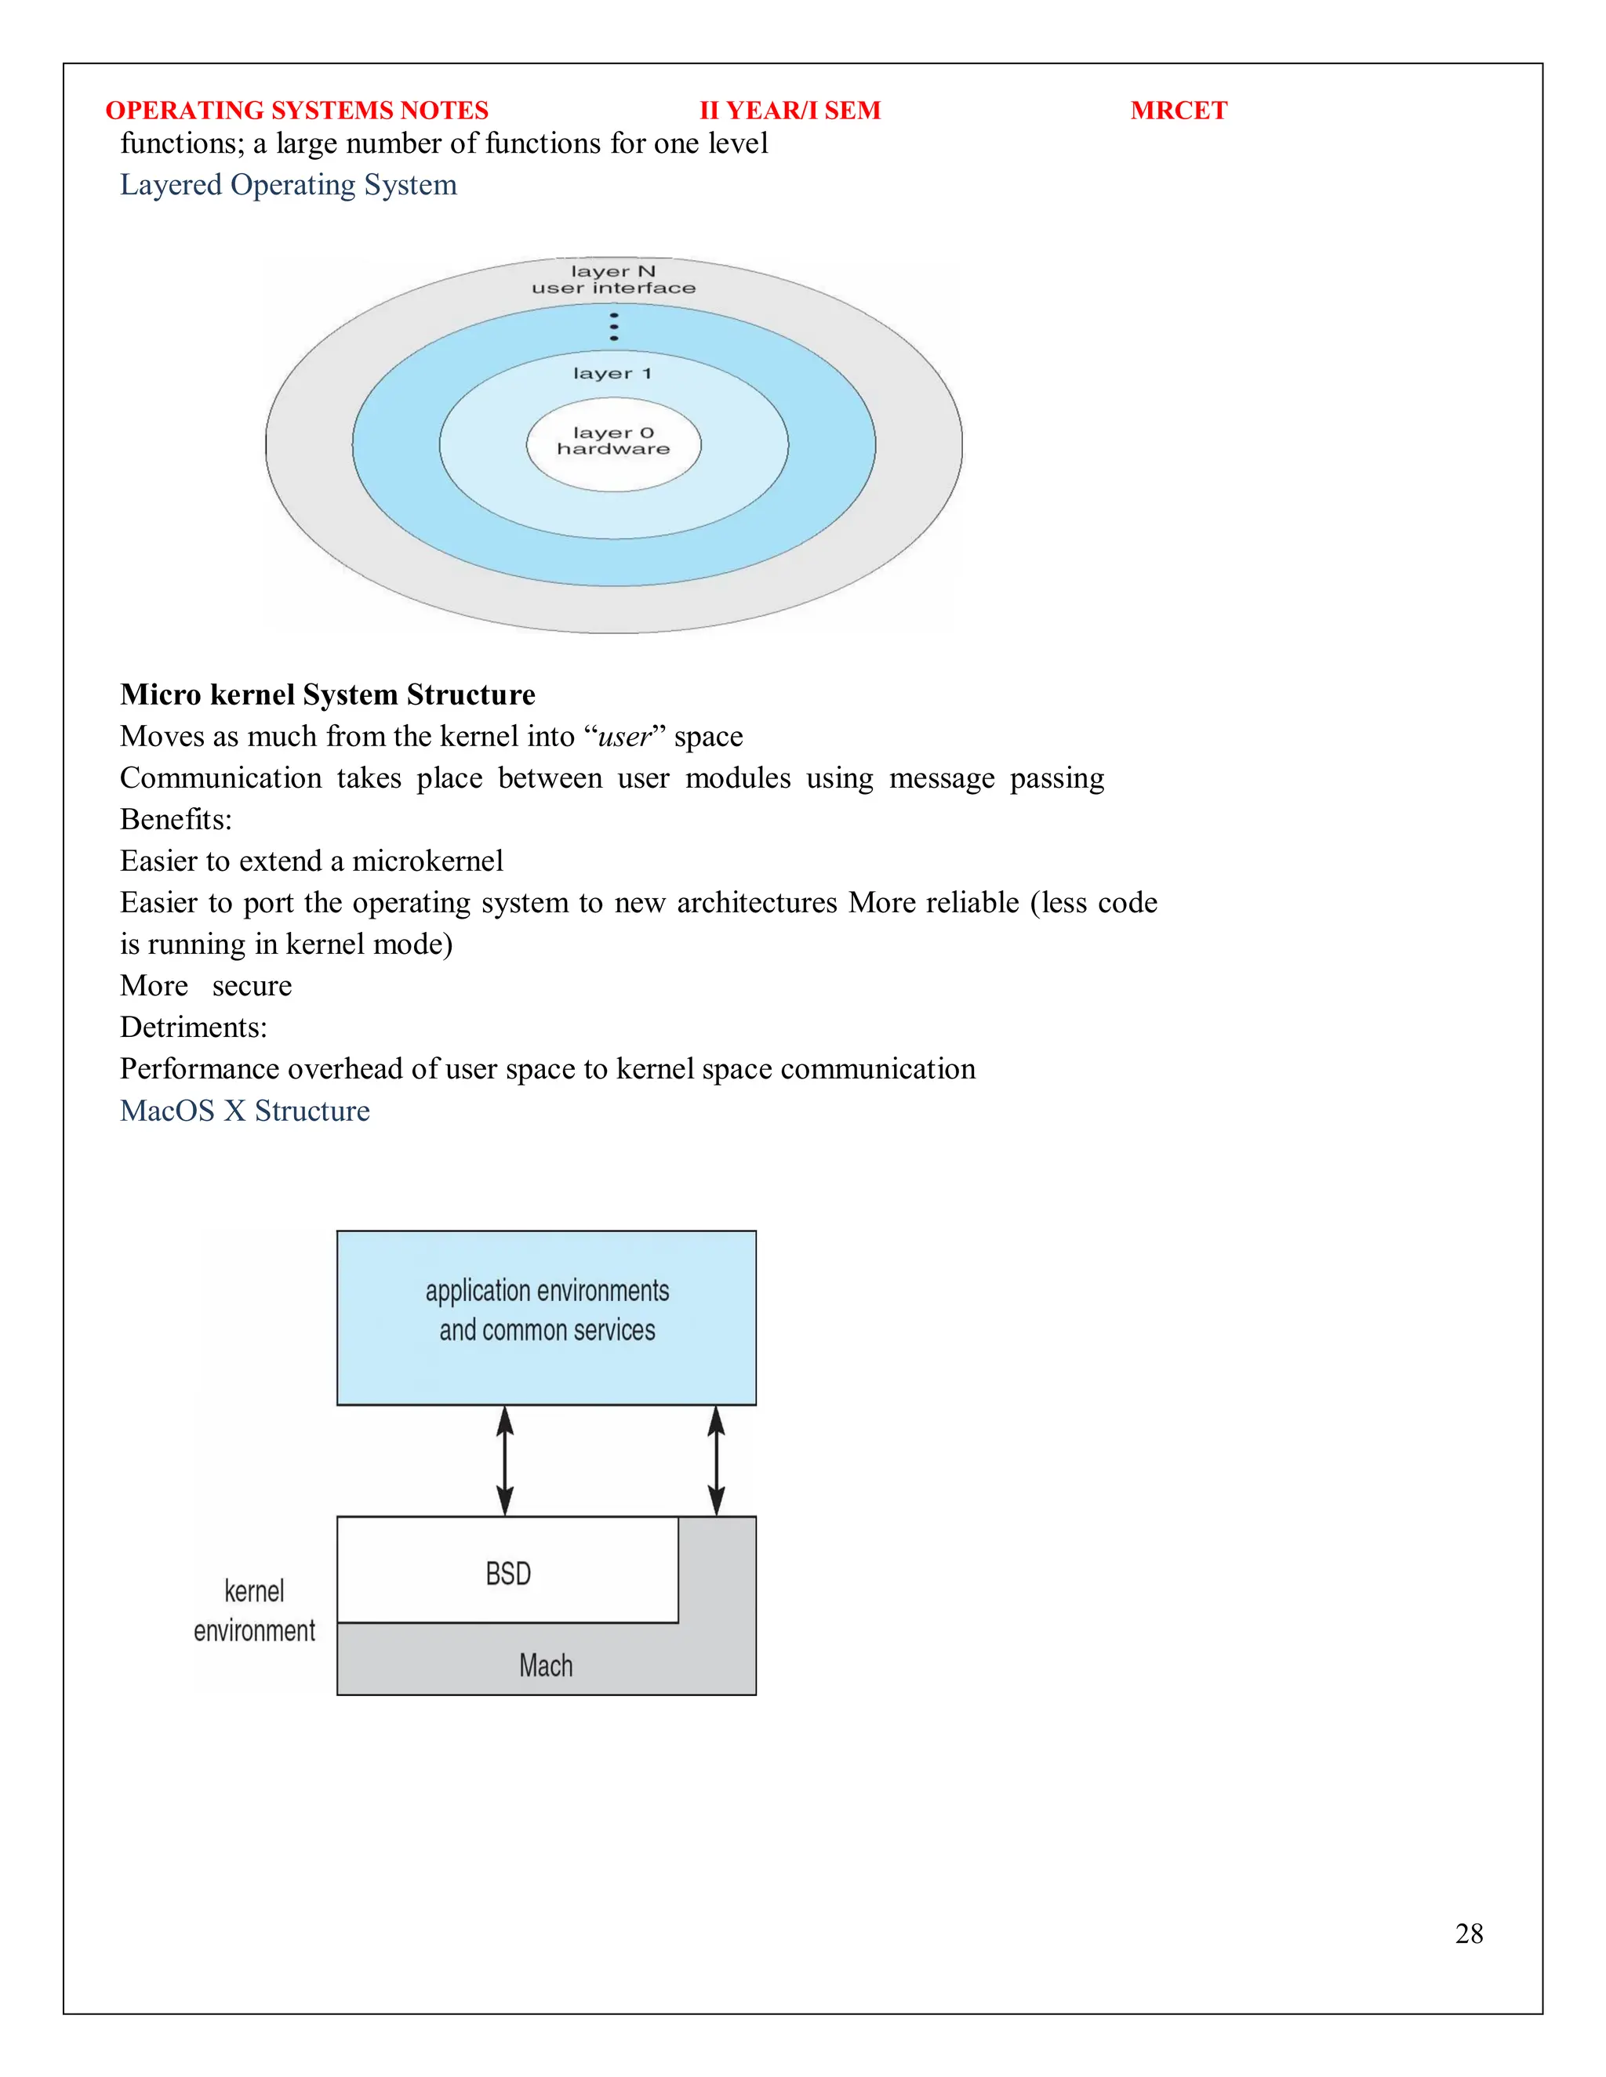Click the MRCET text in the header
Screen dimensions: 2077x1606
[1178, 111]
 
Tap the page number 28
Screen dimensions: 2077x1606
[1468, 1934]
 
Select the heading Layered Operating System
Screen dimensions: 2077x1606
[289, 184]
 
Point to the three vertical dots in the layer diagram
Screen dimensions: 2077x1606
[614, 326]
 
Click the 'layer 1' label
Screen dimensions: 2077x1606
[612, 374]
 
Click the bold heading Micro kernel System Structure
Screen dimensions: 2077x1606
[327, 694]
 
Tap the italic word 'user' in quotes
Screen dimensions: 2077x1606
[624, 737]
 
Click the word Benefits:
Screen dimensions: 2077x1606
[176, 820]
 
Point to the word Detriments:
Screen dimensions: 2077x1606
[193, 1027]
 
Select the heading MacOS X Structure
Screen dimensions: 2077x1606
[245, 1111]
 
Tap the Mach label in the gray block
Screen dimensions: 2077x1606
[546, 1666]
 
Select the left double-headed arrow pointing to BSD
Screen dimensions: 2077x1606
[505, 1461]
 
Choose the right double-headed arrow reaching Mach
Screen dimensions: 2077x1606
[717, 1461]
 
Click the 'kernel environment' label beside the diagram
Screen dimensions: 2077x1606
[254, 1611]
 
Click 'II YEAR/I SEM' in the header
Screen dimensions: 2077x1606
[790, 111]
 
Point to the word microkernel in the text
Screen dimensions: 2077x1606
[427, 861]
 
